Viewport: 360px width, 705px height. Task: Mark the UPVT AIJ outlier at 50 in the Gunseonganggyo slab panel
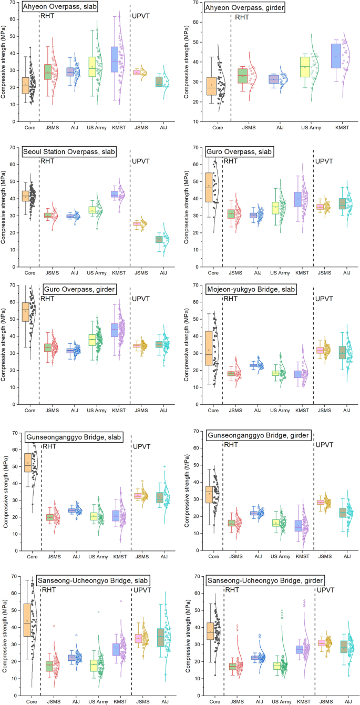(x=164, y=466)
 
